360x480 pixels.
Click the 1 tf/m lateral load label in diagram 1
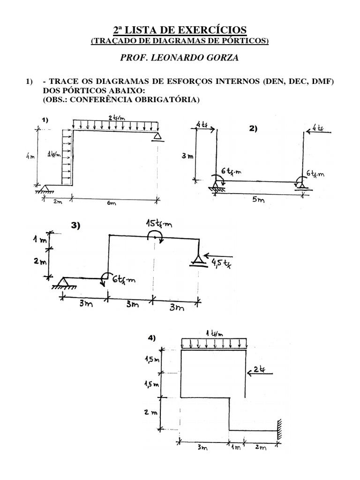point(55,154)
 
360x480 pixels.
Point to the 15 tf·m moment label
point(158,225)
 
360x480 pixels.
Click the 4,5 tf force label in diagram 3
point(218,262)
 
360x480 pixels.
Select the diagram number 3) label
point(75,225)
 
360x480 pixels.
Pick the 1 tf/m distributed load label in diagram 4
point(216,333)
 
